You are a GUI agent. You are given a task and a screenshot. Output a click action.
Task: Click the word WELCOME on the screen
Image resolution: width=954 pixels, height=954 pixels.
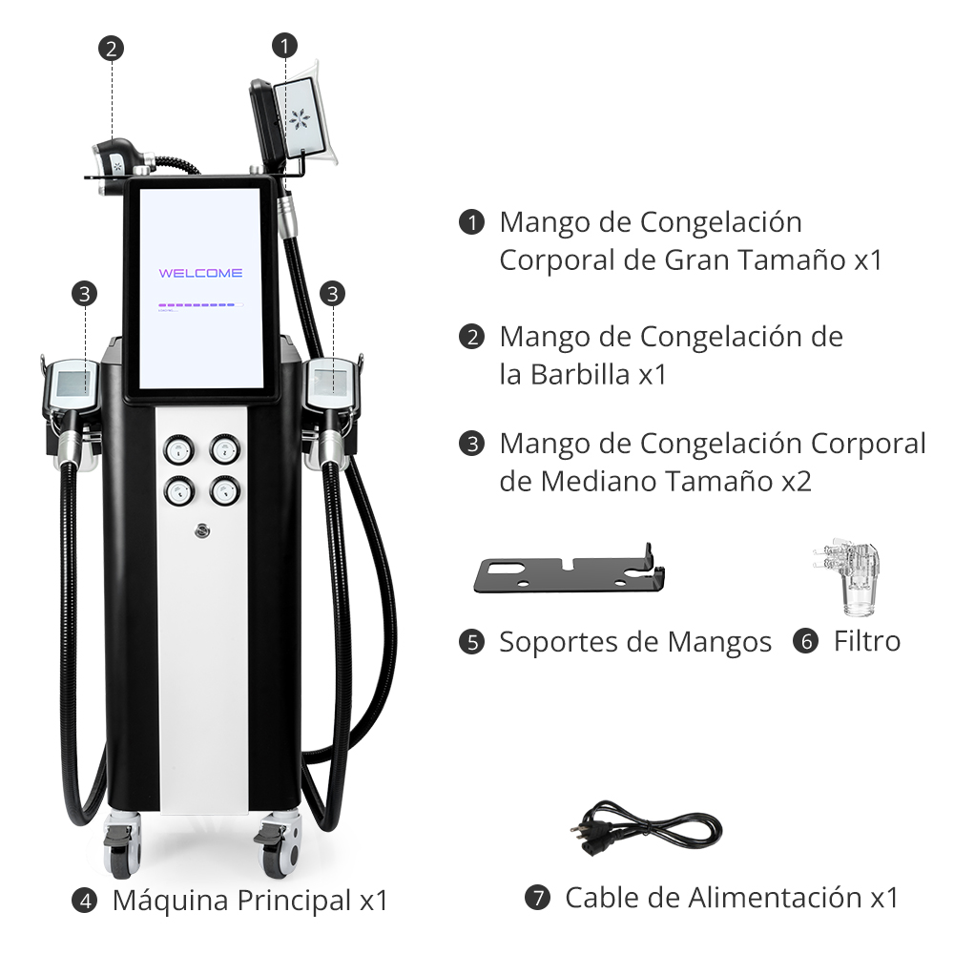pos(200,273)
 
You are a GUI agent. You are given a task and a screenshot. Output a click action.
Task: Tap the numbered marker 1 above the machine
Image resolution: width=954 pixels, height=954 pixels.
pos(284,46)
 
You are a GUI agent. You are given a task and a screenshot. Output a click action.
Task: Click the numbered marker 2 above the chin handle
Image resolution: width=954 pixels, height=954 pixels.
pos(111,49)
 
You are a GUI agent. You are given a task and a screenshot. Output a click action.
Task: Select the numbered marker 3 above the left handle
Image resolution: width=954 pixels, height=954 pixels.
pos(85,294)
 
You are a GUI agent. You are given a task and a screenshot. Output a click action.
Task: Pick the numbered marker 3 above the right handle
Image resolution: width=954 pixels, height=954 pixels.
pos(332,294)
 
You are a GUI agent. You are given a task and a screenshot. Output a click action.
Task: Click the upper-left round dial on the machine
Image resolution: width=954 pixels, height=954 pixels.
pos(179,450)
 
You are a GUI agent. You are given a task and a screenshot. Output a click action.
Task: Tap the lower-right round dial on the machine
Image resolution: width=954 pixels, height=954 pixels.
pos(225,490)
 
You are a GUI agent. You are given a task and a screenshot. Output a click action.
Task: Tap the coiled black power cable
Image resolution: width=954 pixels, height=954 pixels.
pos(646,828)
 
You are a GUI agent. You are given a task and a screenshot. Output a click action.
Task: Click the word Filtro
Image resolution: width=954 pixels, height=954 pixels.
pos(867,641)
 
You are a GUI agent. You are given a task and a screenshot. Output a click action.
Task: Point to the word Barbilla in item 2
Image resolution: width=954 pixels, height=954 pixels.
pos(580,375)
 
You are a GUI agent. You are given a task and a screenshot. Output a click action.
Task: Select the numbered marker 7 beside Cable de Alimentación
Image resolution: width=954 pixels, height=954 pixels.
pos(537,898)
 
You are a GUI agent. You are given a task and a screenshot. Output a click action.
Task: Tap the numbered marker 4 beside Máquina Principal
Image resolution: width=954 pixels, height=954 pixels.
pos(85,901)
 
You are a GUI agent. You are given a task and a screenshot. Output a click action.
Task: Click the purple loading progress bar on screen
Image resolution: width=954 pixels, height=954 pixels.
pos(197,305)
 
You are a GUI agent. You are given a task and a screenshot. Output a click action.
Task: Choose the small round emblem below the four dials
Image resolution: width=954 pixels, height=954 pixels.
pos(202,531)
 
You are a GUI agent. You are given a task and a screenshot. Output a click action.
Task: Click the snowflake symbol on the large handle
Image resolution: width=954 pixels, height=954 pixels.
pos(300,120)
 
